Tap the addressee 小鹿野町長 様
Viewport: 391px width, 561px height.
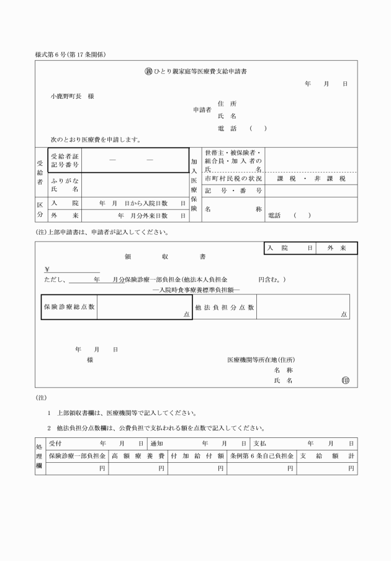(x=72, y=96)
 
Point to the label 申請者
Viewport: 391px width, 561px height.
(x=202, y=110)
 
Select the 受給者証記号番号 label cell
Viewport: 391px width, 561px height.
(x=65, y=161)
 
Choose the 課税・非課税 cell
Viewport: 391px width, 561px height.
(x=311, y=178)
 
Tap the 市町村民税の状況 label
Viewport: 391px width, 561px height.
(x=233, y=178)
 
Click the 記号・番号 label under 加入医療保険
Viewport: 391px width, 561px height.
(x=233, y=190)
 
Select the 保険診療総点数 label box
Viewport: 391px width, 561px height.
(x=69, y=307)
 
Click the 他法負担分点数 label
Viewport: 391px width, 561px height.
(x=225, y=307)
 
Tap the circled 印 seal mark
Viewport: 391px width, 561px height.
(x=346, y=380)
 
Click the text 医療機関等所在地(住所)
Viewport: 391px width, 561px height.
(x=261, y=360)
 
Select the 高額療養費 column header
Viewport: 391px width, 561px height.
(x=138, y=455)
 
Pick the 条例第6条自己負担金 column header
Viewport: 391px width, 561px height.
(x=261, y=455)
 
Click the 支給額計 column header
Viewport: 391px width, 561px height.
(x=326, y=455)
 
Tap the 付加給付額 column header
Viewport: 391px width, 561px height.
(x=197, y=455)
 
